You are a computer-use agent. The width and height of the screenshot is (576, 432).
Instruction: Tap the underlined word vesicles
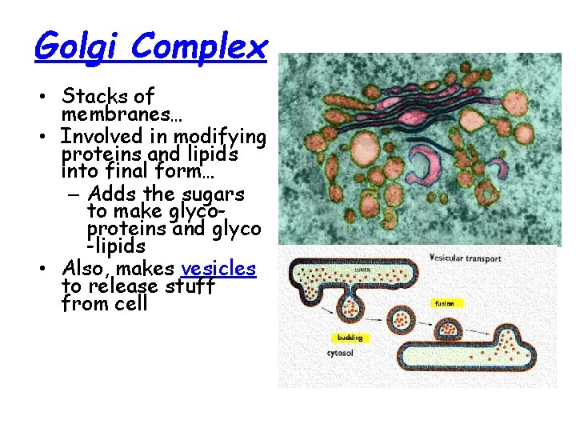218,268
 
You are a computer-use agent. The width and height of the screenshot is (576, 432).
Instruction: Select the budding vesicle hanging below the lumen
352,306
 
